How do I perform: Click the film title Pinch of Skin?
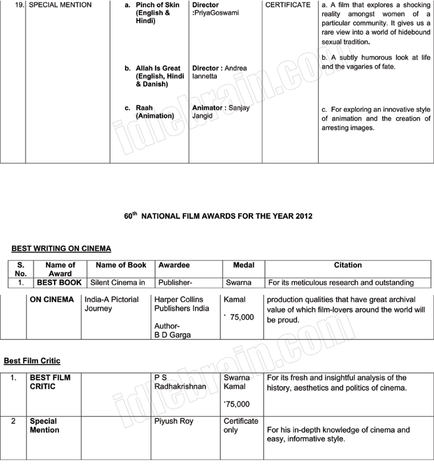157,5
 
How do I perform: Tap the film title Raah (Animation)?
145,108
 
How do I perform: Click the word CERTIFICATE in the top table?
288,5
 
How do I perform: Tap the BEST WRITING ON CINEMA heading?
61,249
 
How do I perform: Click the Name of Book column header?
121,265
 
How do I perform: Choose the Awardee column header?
174,265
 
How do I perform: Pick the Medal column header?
243,265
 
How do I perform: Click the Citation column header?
348,265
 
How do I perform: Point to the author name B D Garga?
172,335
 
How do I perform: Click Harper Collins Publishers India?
181,304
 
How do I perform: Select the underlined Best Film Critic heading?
32,361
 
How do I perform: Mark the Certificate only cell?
241,425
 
